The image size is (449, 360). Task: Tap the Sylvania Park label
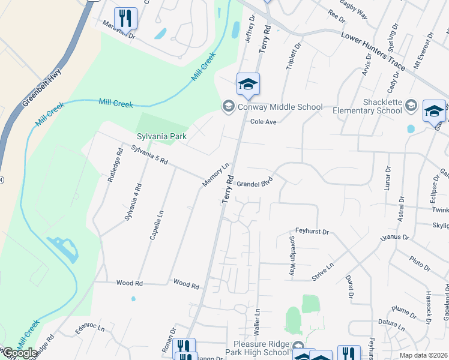[161, 137]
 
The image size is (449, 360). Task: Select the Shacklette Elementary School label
[365, 106]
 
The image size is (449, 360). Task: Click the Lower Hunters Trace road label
[373, 51]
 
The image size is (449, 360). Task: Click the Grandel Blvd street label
[255, 182]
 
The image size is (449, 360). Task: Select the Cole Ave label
[263, 122]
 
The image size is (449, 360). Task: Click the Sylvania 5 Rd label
[149, 158]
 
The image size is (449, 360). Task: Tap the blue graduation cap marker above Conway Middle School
[248, 84]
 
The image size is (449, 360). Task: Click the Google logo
[19, 353]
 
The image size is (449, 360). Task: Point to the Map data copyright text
[423, 355]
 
